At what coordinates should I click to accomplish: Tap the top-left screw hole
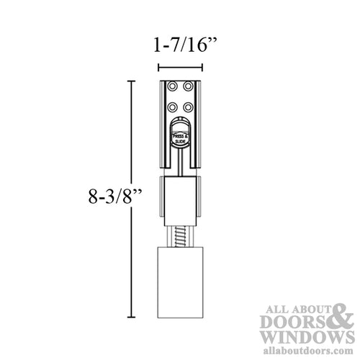point(173,86)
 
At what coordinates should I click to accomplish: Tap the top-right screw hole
point(188,86)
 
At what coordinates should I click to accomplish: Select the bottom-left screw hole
point(173,107)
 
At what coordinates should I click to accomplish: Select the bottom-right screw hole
point(188,107)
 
